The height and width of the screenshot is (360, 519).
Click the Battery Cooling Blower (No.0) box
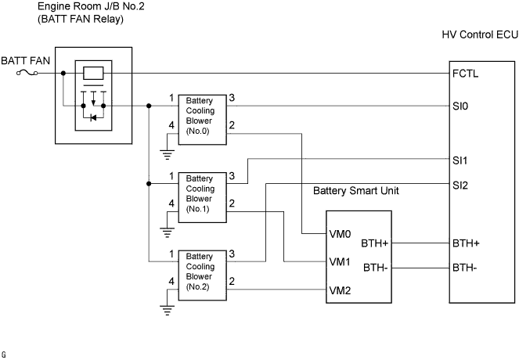[202, 121]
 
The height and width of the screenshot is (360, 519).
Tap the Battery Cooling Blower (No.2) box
[202, 275]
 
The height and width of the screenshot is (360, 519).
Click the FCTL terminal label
[465, 74]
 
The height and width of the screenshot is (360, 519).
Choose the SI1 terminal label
[460, 160]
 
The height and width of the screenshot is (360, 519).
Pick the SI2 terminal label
[460, 185]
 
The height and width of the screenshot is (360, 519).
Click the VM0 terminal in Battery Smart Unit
[342, 234]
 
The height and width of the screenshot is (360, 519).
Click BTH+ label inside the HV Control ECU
[466, 243]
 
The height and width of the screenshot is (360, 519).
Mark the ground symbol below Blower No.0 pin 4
[167, 155]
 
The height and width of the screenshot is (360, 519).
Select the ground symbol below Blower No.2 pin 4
[167, 309]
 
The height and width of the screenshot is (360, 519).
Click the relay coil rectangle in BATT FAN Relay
[93, 74]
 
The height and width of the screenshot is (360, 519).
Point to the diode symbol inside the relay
[93, 118]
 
